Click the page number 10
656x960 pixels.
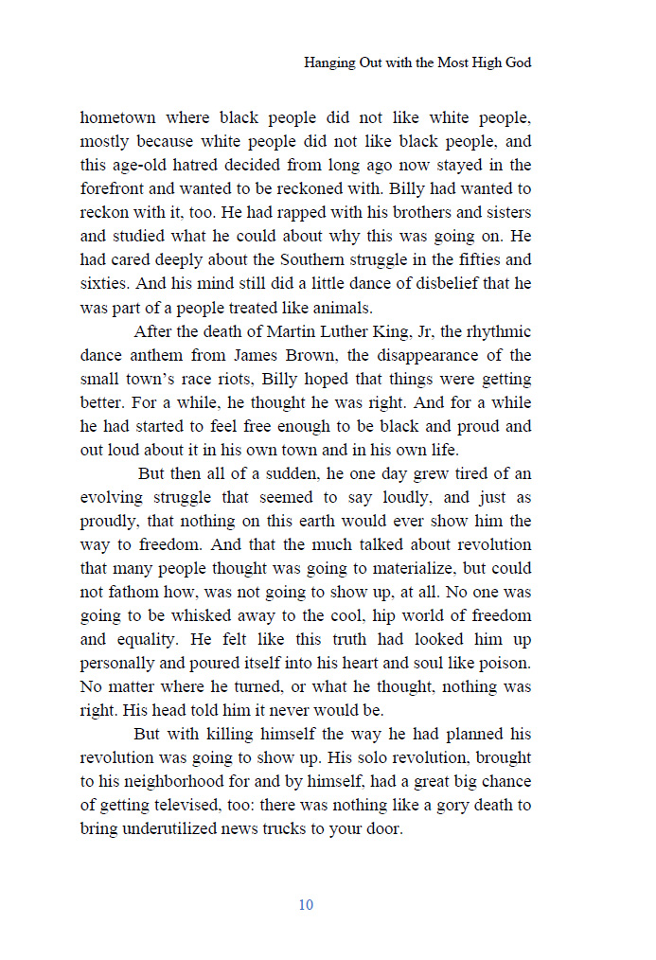click(x=306, y=905)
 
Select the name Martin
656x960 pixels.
click(x=294, y=331)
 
